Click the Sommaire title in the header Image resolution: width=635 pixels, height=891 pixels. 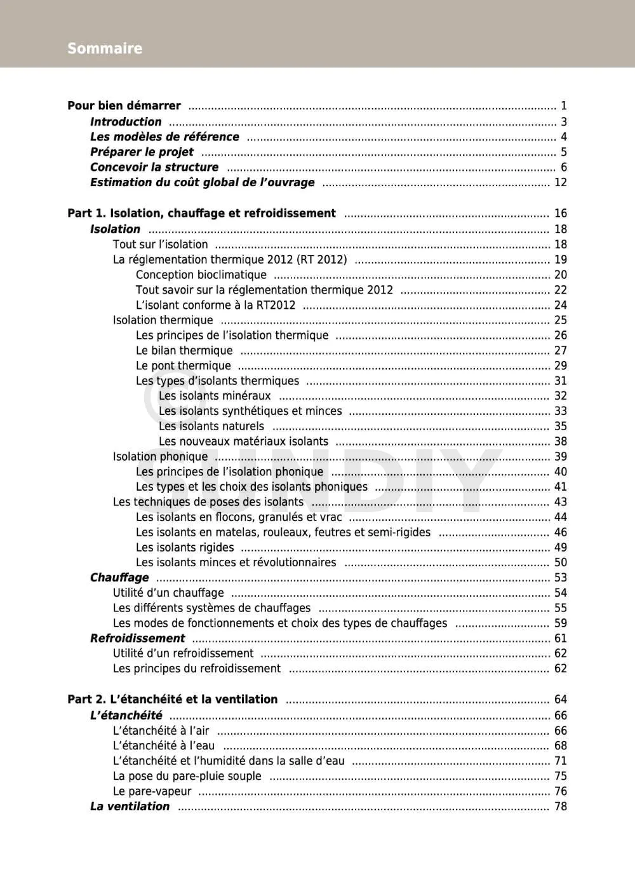pyautogui.click(x=105, y=48)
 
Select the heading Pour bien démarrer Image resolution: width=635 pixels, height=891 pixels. pyautogui.click(x=124, y=105)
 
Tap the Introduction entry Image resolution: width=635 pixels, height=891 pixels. pyautogui.click(x=126, y=121)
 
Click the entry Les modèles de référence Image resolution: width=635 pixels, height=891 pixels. pyautogui.click(x=164, y=137)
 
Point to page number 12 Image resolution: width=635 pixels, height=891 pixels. pyautogui.click(x=560, y=182)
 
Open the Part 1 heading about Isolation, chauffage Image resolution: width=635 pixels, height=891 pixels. pyautogui.click(x=201, y=214)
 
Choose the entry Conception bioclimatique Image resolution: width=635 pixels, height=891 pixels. pyautogui.click(x=201, y=275)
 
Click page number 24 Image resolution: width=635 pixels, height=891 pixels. pyautogui.click(x=560, y=305)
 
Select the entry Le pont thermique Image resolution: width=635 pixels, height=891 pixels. pyautogui.click(x=183, y=365)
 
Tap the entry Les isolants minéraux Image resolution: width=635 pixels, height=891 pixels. pyautogui.click(x=215, y=396)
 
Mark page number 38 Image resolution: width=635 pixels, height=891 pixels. pyautogui.click(x=560, y=441)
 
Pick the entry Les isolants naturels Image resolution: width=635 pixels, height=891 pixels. pyautogui.click(x=211, y=426)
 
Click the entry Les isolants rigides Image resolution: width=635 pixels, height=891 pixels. pyautogui.click(x=184, y=547)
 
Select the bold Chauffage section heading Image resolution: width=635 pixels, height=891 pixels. pyautogui.click(x=119, y=577)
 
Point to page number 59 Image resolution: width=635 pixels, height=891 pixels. pyautogui.click(x=560, y=623)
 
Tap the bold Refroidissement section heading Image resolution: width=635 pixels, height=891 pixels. pyautogui.click(x=137, y=638)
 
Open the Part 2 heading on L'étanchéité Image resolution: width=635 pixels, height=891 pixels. pyautogui.click(x=172, y=699)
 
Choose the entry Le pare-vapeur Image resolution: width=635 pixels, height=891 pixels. pyautogui.click(x=152, y=791)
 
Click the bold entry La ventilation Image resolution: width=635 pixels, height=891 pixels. pyautogui.click(x=130, y=806)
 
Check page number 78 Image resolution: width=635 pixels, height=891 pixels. pyautogui.click(x=560, y=806)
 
